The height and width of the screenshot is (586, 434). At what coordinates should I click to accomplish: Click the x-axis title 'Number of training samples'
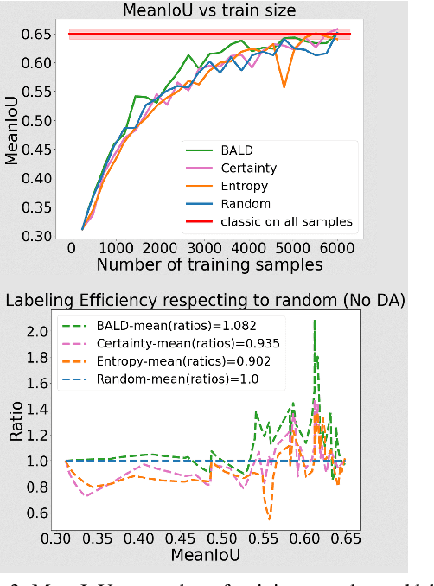[209, 264]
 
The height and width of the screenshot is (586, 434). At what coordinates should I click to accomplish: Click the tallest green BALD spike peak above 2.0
[314, 321]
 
